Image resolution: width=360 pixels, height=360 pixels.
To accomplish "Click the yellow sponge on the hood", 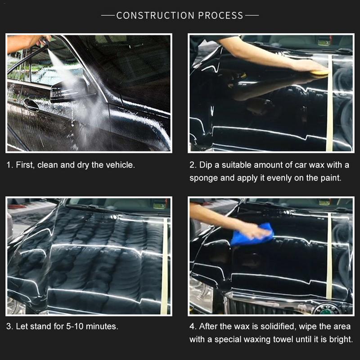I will [319, 70].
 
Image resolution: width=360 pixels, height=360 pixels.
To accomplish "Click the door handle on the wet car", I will [31, 105].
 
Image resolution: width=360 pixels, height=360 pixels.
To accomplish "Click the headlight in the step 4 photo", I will [201, 295].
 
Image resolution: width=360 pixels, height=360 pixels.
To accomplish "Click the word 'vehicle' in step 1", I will [119, 165].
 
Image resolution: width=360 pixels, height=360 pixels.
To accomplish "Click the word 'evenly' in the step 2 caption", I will [279, 178].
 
